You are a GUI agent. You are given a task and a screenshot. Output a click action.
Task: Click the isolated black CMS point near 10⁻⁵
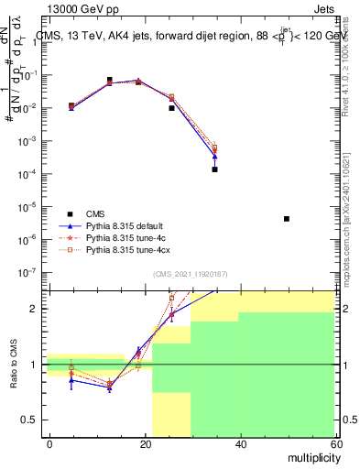pos(287,219)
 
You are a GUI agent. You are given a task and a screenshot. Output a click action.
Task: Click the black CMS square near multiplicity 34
pos(214,169)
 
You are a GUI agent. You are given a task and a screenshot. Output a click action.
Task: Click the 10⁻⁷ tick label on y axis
pos(31,272)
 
